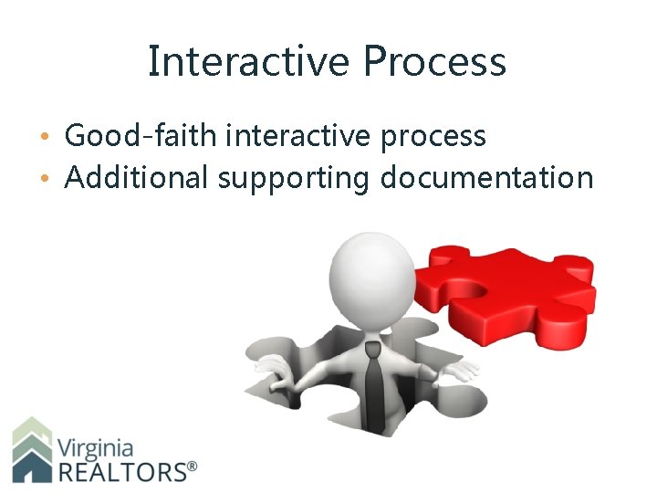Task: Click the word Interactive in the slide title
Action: pos(249,62)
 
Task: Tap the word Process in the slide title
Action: pos(434,62)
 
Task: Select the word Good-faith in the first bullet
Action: pos(141,136)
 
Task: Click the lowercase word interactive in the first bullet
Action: pos(298,136)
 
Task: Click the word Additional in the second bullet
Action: pos(137,177)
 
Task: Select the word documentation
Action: pos(486,177)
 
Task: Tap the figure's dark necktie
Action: pos(374,383)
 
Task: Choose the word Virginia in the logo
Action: pos(95,448)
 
